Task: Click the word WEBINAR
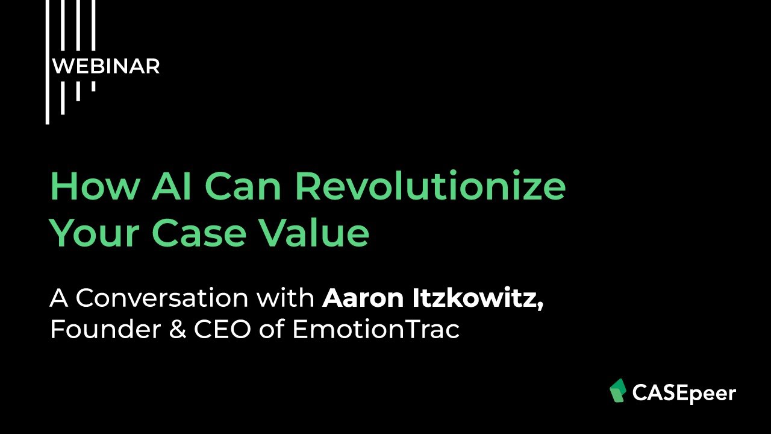106,66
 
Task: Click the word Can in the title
244,187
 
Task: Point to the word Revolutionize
430,187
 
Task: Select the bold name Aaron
355,298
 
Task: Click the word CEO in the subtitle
222,330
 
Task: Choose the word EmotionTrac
376,330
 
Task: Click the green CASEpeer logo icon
618,391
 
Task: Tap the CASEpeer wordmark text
684,394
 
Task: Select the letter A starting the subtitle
58,298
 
